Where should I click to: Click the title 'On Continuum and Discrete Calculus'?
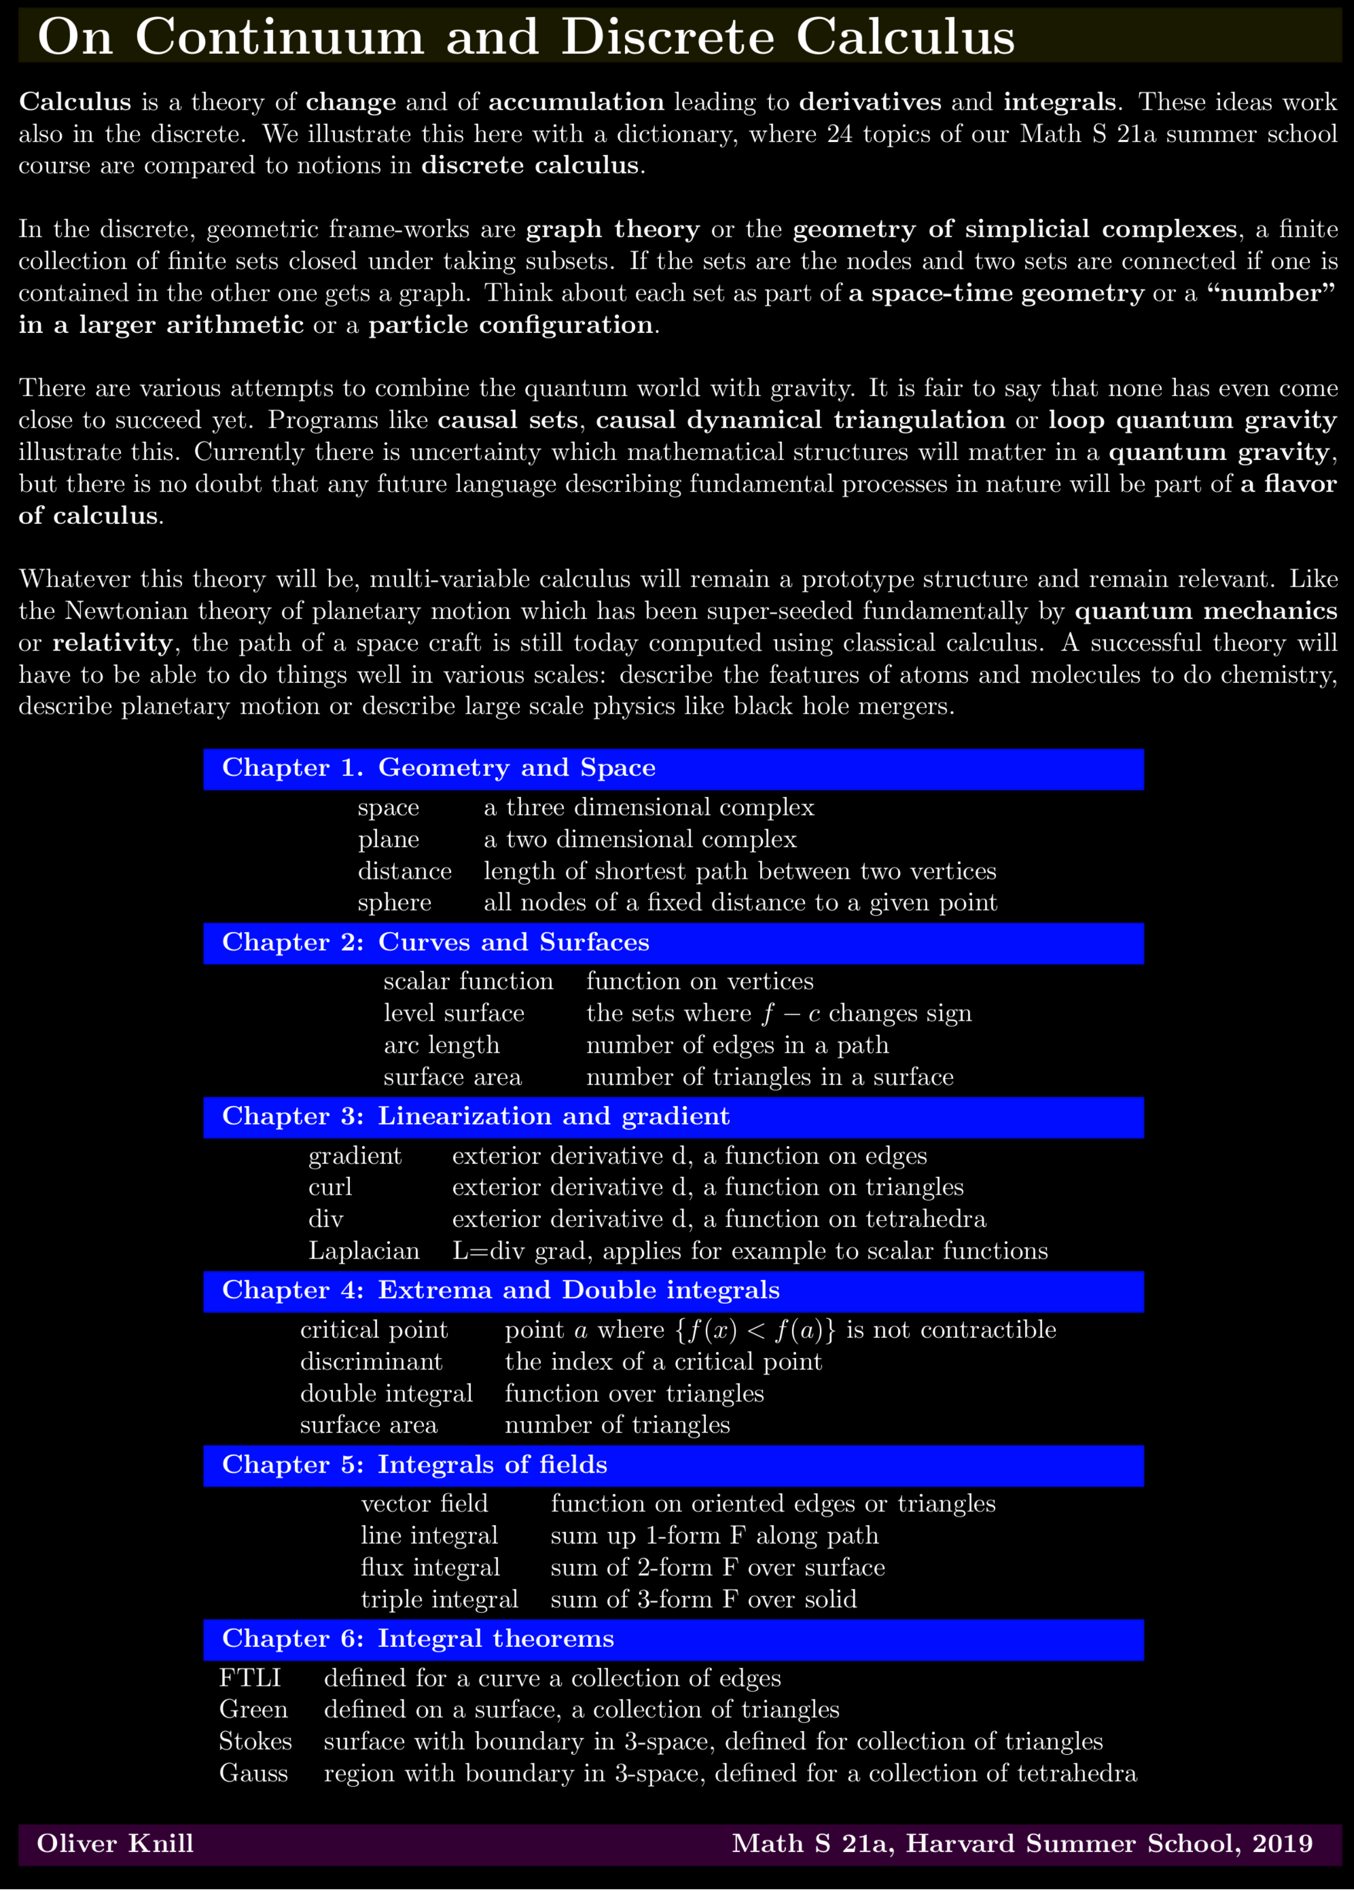[x=525, y=37]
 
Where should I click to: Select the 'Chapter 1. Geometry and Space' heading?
[x=439, y=768]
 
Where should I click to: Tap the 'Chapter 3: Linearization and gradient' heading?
[x=475, y=1116]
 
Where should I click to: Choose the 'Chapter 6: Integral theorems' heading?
[x=418, y=1638]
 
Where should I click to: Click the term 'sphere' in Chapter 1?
[x=394, y=903]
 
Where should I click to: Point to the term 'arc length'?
[x=441, y=1046]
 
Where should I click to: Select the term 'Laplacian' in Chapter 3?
[x=363, y=1251]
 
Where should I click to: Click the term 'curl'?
[x=330, y=1187]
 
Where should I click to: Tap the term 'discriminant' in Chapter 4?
[x=371, y=1361]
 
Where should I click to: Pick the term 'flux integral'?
[x=430, y=1568]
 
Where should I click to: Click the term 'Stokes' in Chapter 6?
[x=255, y=1742]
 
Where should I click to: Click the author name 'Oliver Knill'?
[x=115, y=1844]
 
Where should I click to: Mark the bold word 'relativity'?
[x=112, y=643]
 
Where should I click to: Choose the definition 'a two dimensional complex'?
[x=640, y=840]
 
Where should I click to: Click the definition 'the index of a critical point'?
[x=663, y=1361]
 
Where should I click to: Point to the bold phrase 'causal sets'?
[x=507, y=420]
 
